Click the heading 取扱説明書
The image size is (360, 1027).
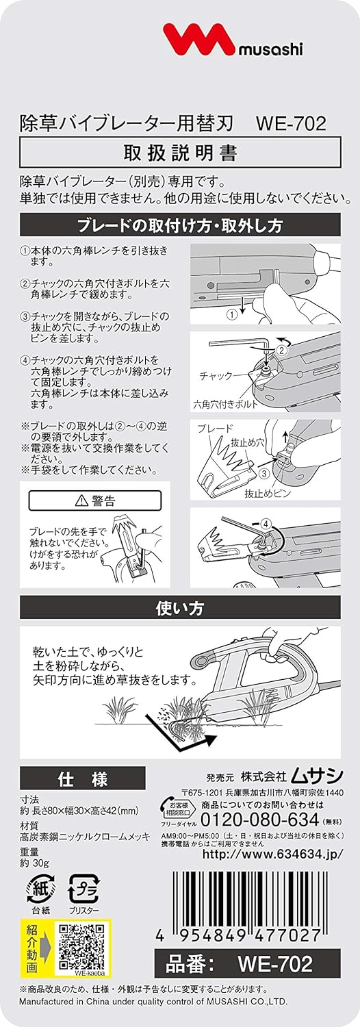(x=180, y=153)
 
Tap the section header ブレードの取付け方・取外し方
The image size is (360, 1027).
(x=180, y=225)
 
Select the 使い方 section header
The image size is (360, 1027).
(x=180, y=608)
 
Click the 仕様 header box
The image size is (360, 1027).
(x=83, y=778)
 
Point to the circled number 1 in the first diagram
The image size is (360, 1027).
(x=233, y=314)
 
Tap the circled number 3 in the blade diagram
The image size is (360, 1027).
(x=263, y=472)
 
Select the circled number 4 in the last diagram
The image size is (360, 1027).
(x=267, y=523)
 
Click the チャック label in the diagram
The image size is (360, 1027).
(x=216, y=376)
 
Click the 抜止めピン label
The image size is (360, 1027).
(x=267, y=494)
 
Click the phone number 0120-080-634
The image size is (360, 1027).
(x=260, y=820)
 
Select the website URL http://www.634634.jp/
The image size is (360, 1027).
(x=273, y=854)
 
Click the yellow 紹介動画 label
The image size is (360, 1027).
(x=31, y=941)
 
